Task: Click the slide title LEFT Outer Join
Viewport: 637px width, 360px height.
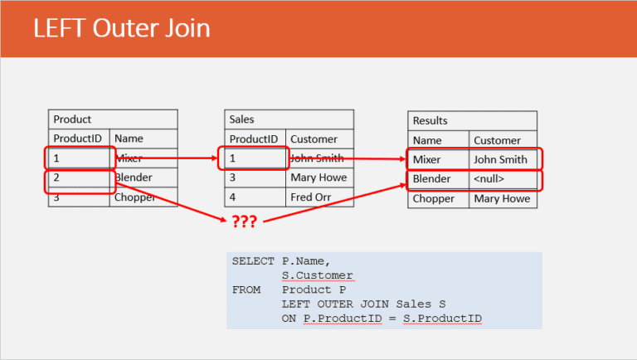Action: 121,28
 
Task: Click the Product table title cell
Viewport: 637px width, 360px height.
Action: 112,119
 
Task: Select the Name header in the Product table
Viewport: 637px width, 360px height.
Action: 143,139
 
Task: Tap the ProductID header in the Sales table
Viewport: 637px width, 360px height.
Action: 255,139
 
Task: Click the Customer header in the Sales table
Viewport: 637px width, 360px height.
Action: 318,139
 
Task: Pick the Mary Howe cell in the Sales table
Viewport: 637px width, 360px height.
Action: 318,178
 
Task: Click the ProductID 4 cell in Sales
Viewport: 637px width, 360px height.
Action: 255,197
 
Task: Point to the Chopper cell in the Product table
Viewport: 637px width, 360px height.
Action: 143,197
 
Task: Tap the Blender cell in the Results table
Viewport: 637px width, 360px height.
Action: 438,179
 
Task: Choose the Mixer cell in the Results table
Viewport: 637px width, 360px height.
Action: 438,160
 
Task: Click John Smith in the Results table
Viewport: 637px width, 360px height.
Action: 500,160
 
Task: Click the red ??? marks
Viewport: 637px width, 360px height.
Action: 243,221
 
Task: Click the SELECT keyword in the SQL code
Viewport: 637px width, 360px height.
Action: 252,261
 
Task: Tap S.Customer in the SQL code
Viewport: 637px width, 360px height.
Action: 317,275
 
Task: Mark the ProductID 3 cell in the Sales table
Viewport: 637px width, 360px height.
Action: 255,178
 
